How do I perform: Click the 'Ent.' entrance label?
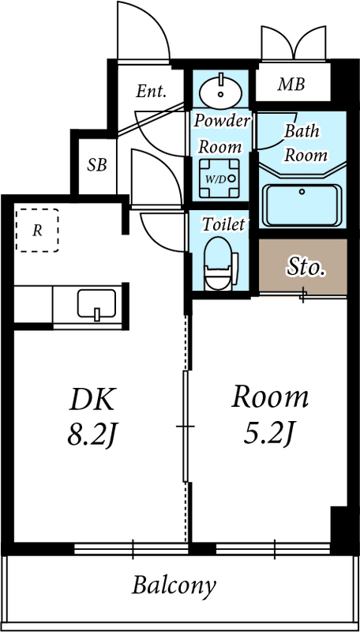(151, 92)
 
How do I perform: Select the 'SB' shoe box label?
(97, 165)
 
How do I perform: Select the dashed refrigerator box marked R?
(38, 230)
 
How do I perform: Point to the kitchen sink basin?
(96, 303)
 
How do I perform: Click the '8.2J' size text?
(92, 435)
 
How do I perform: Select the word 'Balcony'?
(174, 586)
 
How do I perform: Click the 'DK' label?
(92, 399)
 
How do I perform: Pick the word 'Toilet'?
(223, 224)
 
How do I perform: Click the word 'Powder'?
(222, 121)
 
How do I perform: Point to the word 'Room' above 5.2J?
(269, 397)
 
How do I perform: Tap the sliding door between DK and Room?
(185, 427)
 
